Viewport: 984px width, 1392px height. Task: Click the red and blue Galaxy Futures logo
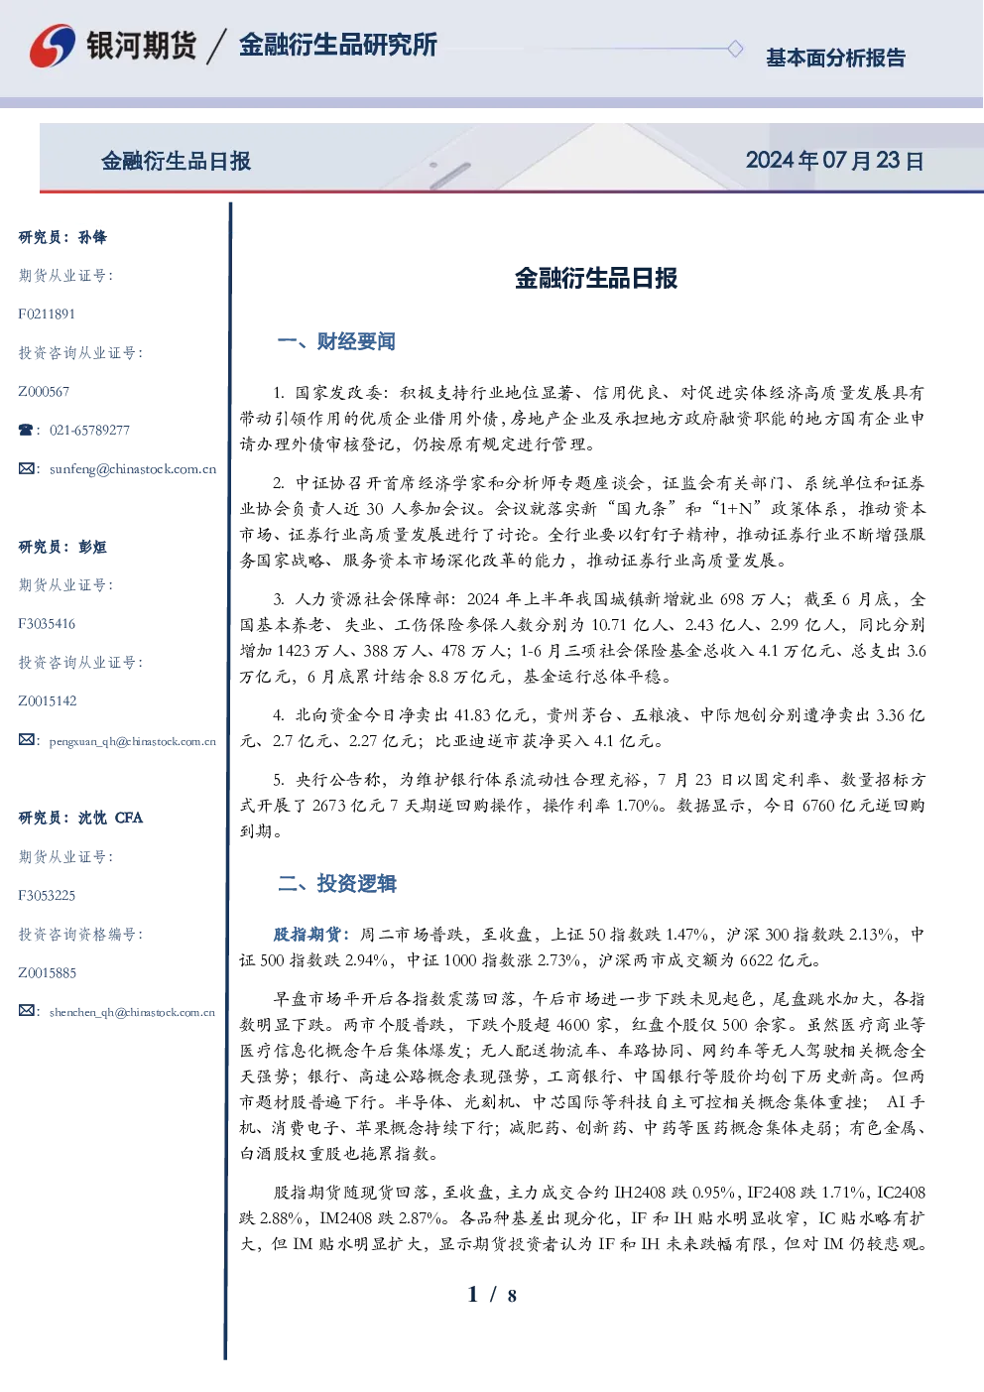tap(53, 46)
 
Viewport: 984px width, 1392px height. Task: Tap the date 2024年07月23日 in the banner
tap(834, 161)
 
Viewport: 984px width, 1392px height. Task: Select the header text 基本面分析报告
tap(835, 58)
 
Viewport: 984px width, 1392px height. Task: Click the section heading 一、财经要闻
tap(336, 341)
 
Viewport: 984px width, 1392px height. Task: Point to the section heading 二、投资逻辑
tap(336, 883)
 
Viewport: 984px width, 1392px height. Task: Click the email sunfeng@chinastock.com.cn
tap(133, 469)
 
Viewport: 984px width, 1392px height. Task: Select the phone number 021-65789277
tap(89, 430)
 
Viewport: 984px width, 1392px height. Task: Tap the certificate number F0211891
tap(47, 315)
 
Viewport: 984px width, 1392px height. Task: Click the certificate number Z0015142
tap(48, 701)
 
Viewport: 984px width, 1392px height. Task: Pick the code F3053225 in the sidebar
tap(47, 896)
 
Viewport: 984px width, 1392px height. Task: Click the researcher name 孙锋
tap(92, 237)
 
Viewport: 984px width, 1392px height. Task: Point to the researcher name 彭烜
tap(92, 547)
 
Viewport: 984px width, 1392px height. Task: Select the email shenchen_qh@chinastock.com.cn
tap(132, 1012)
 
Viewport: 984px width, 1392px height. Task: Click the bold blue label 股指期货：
tap(314, 934)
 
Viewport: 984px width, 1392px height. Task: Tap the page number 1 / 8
tap(492, 1295)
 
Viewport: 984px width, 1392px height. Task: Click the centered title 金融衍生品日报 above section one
tap(596, 278)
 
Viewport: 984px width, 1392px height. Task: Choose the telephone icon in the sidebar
tap(26, 430)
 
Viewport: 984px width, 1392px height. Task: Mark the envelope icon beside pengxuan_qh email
tap(26, 739)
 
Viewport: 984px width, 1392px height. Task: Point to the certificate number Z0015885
tap(48, 973)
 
